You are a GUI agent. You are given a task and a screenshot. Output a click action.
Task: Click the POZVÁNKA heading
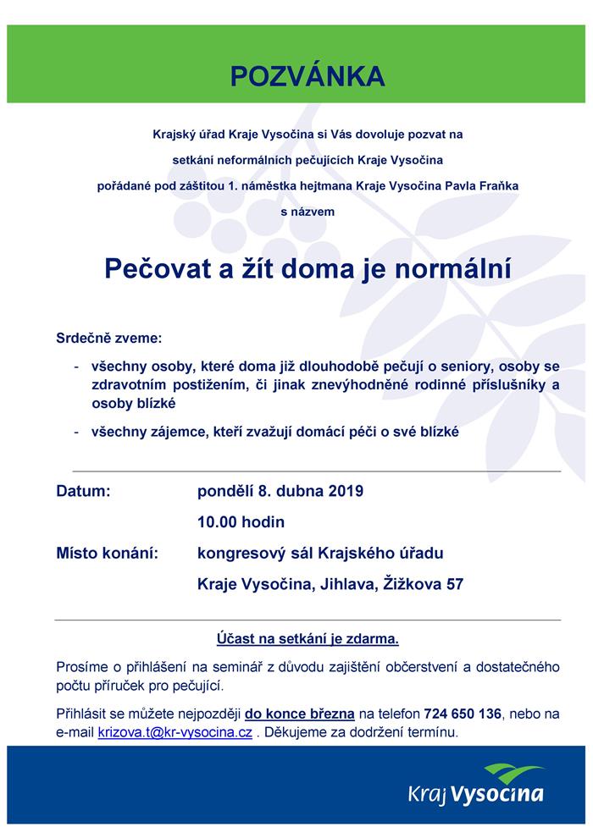(x=308, y=76)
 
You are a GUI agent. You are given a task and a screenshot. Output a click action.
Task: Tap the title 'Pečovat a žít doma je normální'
(x=308, y=268)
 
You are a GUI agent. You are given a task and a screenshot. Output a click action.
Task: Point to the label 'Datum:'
(x=83, y=491)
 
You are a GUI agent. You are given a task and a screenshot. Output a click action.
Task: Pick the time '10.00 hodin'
(x=241, y=521)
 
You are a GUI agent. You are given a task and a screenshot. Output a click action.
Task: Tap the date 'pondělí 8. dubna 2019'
(x=280, y=491)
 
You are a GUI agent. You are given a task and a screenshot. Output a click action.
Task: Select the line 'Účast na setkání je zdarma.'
(x=308, y=637)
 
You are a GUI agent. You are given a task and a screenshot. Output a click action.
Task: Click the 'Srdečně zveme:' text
(x=108, y=339)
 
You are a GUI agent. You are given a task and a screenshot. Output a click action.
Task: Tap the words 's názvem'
(x=308, y=212)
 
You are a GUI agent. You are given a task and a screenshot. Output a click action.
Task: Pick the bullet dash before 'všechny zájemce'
(x=77, y=432)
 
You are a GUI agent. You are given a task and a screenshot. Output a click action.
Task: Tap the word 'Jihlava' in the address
(x=346, y=584)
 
